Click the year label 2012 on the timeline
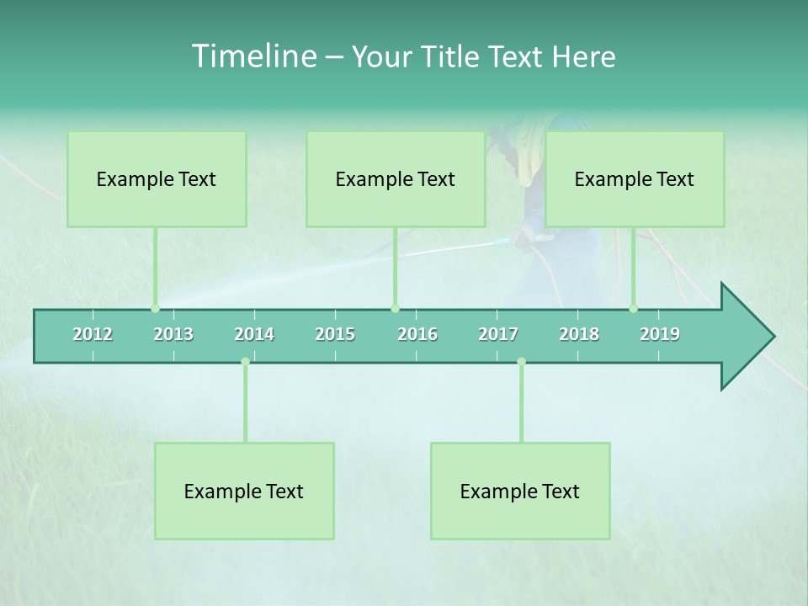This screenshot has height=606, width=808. coord(93,334)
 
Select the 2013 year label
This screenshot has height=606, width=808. coord(173,334)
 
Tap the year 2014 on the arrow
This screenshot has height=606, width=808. coord(254,334)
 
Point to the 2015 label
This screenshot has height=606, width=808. coord(335,334)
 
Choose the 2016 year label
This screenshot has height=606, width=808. coord(417,334)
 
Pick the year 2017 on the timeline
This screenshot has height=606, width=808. coord(498,334)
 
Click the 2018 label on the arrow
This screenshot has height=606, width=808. coord(579,334)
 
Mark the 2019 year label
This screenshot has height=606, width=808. coord(660,334)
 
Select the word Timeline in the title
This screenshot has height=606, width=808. coord(253,56)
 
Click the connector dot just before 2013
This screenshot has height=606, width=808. coord(155,309)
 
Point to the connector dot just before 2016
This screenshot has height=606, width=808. coord(395,309)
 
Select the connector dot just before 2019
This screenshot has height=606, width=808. coord(634,309)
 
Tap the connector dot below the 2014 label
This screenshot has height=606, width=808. coord(245,362)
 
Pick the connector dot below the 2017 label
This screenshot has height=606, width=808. coord(521,362)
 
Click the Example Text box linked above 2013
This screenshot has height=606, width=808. coord(157,179)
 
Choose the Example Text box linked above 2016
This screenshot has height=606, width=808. coord(396,179)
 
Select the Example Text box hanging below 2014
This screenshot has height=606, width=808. coord(244,491)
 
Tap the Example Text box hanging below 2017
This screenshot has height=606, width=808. coord(520,491)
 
